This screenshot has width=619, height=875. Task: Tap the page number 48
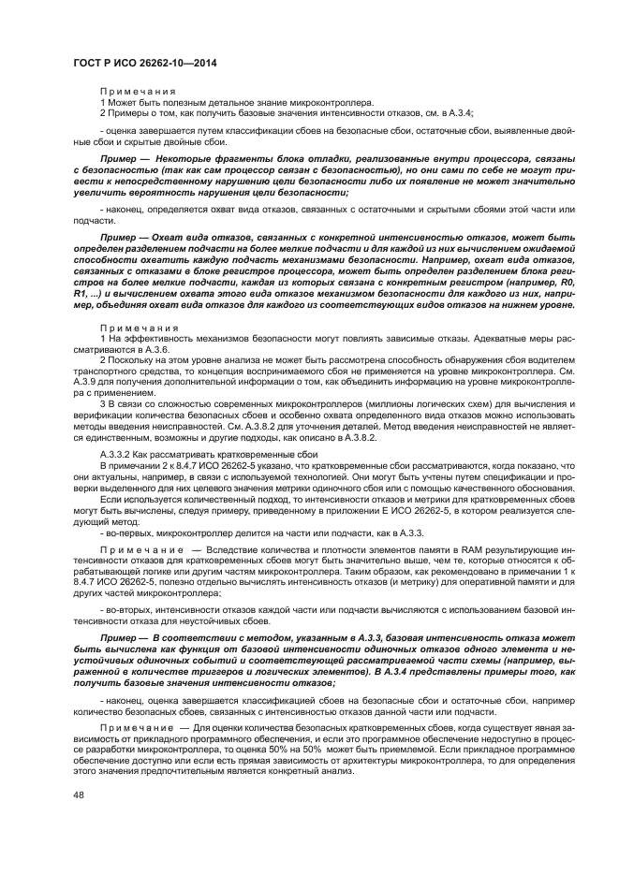pos(79,796)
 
